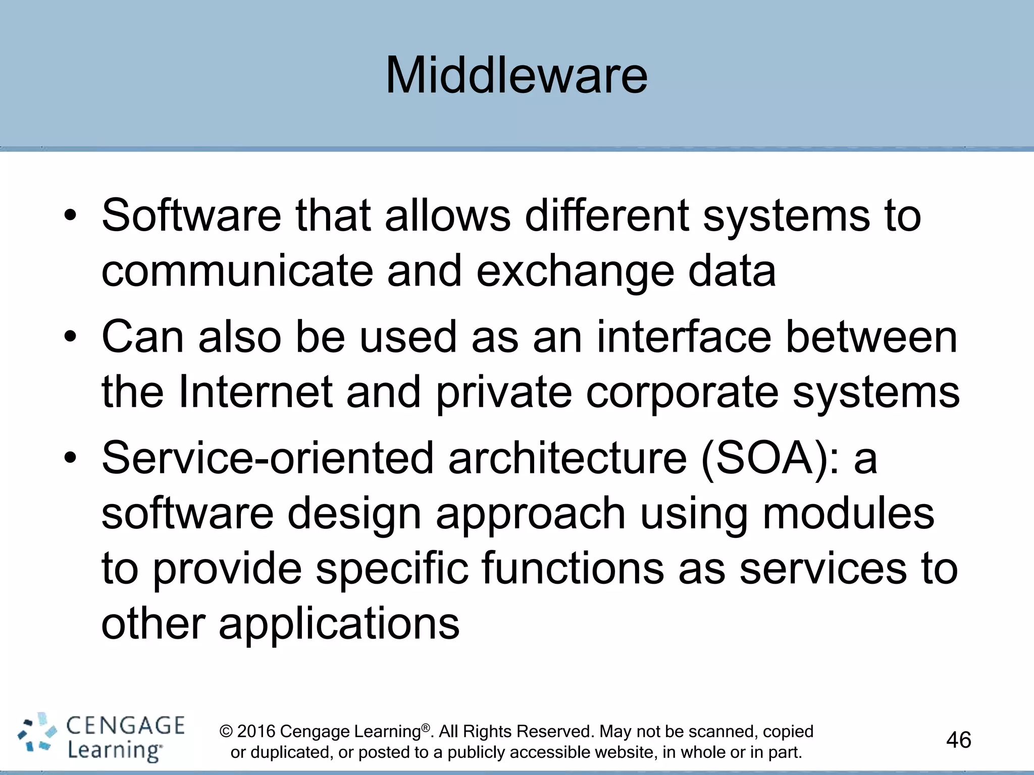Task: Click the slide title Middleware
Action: pos(516,76)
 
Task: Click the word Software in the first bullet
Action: pos(191,215)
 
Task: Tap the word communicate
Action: pos(237,271)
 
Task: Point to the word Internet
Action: pos(255,392)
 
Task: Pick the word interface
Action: pos(684,337)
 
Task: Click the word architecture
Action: pos(567,458)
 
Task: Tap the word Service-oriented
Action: pos(268,458)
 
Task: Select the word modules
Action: pos(848,514)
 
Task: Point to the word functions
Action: pos(573,569)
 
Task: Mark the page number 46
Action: pos(958,740)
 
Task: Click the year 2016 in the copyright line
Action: pos(256,732)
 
